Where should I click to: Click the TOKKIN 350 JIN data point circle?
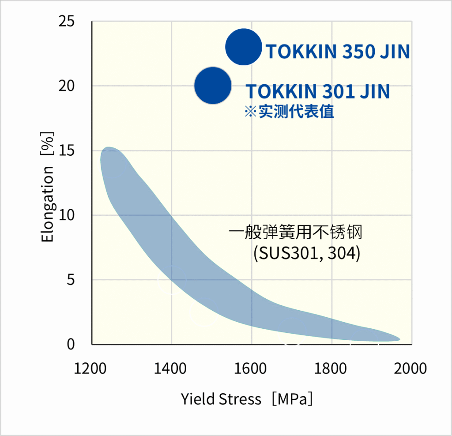coord(244,47)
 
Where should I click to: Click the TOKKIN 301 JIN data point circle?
coord(213,86)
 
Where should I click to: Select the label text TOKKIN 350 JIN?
coord(338,52)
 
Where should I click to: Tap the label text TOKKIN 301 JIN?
coord(317,91)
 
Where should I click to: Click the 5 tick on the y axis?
coord(70,280)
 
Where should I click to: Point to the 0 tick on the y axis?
coord(71,344)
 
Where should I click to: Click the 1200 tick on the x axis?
coord(92,368)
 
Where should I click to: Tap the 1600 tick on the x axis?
coord(251,368)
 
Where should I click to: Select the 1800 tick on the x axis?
coord(331,368)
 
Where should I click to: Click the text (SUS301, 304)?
coord(307,253)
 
